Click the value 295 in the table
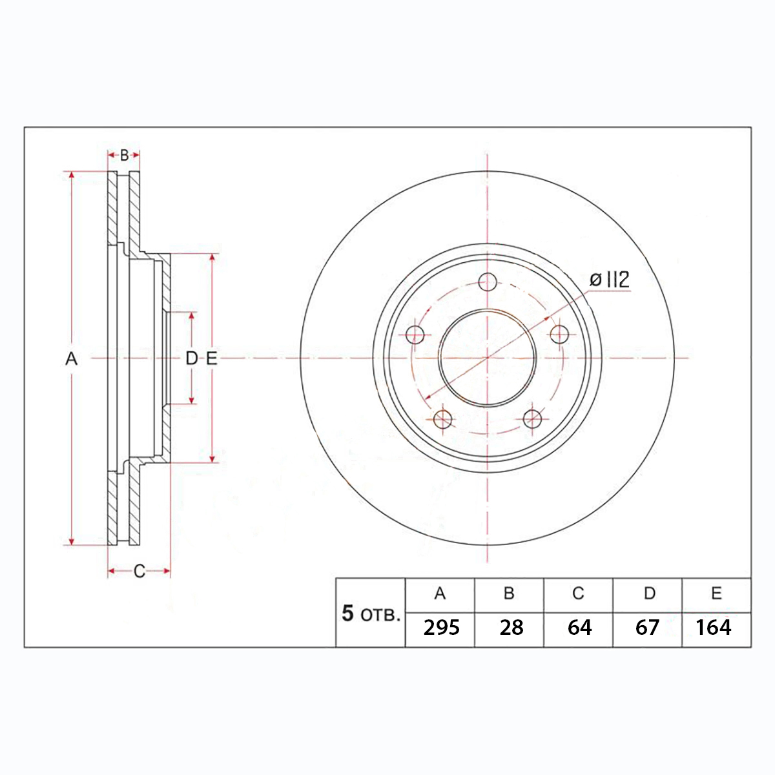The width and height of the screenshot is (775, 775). pyautogui.click(x=441, y=627)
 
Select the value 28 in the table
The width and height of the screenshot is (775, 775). pyautogui.click(x=512, y=627)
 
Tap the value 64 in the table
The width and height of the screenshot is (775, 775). pyautogui.click(x=579, y=627)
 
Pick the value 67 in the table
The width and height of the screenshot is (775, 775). pyautogui.click(x=647, y=627)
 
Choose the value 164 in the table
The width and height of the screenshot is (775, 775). pyautogui.click(x=714, y=627)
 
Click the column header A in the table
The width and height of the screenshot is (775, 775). pyautogui.click(x=440, y=594)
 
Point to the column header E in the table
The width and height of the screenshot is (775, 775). pyautogui.click(x=716, y=594)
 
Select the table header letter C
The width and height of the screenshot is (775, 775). pyautogui.click(x=578, y=594)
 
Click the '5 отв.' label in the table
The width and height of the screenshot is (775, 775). pyautogui.click(x=371, y=614)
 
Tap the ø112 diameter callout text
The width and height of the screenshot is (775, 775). pyautogui.click(x=609, y=280)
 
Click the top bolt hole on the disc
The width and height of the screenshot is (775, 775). pyautogui.click(x=488, y=282)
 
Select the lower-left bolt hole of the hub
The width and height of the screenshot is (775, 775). pyautogui.click(x=443, y=420)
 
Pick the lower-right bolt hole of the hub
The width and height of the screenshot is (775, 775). pyautogui.click(x=532, y=420)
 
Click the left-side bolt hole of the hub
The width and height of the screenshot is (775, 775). pyautogui.click(x=415, y=334)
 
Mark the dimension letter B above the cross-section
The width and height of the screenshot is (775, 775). pyautogui.click(x=124, y=155)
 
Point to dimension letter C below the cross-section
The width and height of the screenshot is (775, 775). pyautogui.click(x=139, y=571)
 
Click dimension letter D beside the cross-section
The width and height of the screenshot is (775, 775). pyautogui.click(x=191, y=358)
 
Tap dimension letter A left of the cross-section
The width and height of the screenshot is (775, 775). pyautogui.click(x=71, y=358)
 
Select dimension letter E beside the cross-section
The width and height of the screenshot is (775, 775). pyautogui.click(x=212, y=358)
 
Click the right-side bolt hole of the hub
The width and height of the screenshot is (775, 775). pyautogui.click(x=559, y=334)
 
